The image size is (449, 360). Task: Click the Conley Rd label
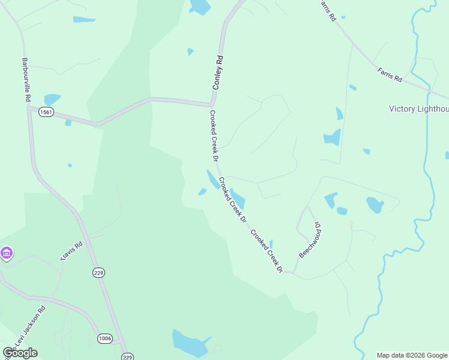218,73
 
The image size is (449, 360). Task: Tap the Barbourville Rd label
26,79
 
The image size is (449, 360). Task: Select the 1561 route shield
46,112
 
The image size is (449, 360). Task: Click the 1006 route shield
104,339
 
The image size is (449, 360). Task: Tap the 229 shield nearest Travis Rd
99,272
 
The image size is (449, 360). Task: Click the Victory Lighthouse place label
418,109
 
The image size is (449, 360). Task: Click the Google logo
20,352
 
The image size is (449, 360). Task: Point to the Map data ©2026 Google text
412,355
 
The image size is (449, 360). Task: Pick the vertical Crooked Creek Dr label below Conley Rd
212,136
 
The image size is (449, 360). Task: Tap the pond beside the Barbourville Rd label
52,98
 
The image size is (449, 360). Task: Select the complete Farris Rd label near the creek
390,75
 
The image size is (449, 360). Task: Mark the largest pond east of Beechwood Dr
375,205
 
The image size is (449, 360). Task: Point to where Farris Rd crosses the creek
429,90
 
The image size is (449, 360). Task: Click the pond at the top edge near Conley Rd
200,7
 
